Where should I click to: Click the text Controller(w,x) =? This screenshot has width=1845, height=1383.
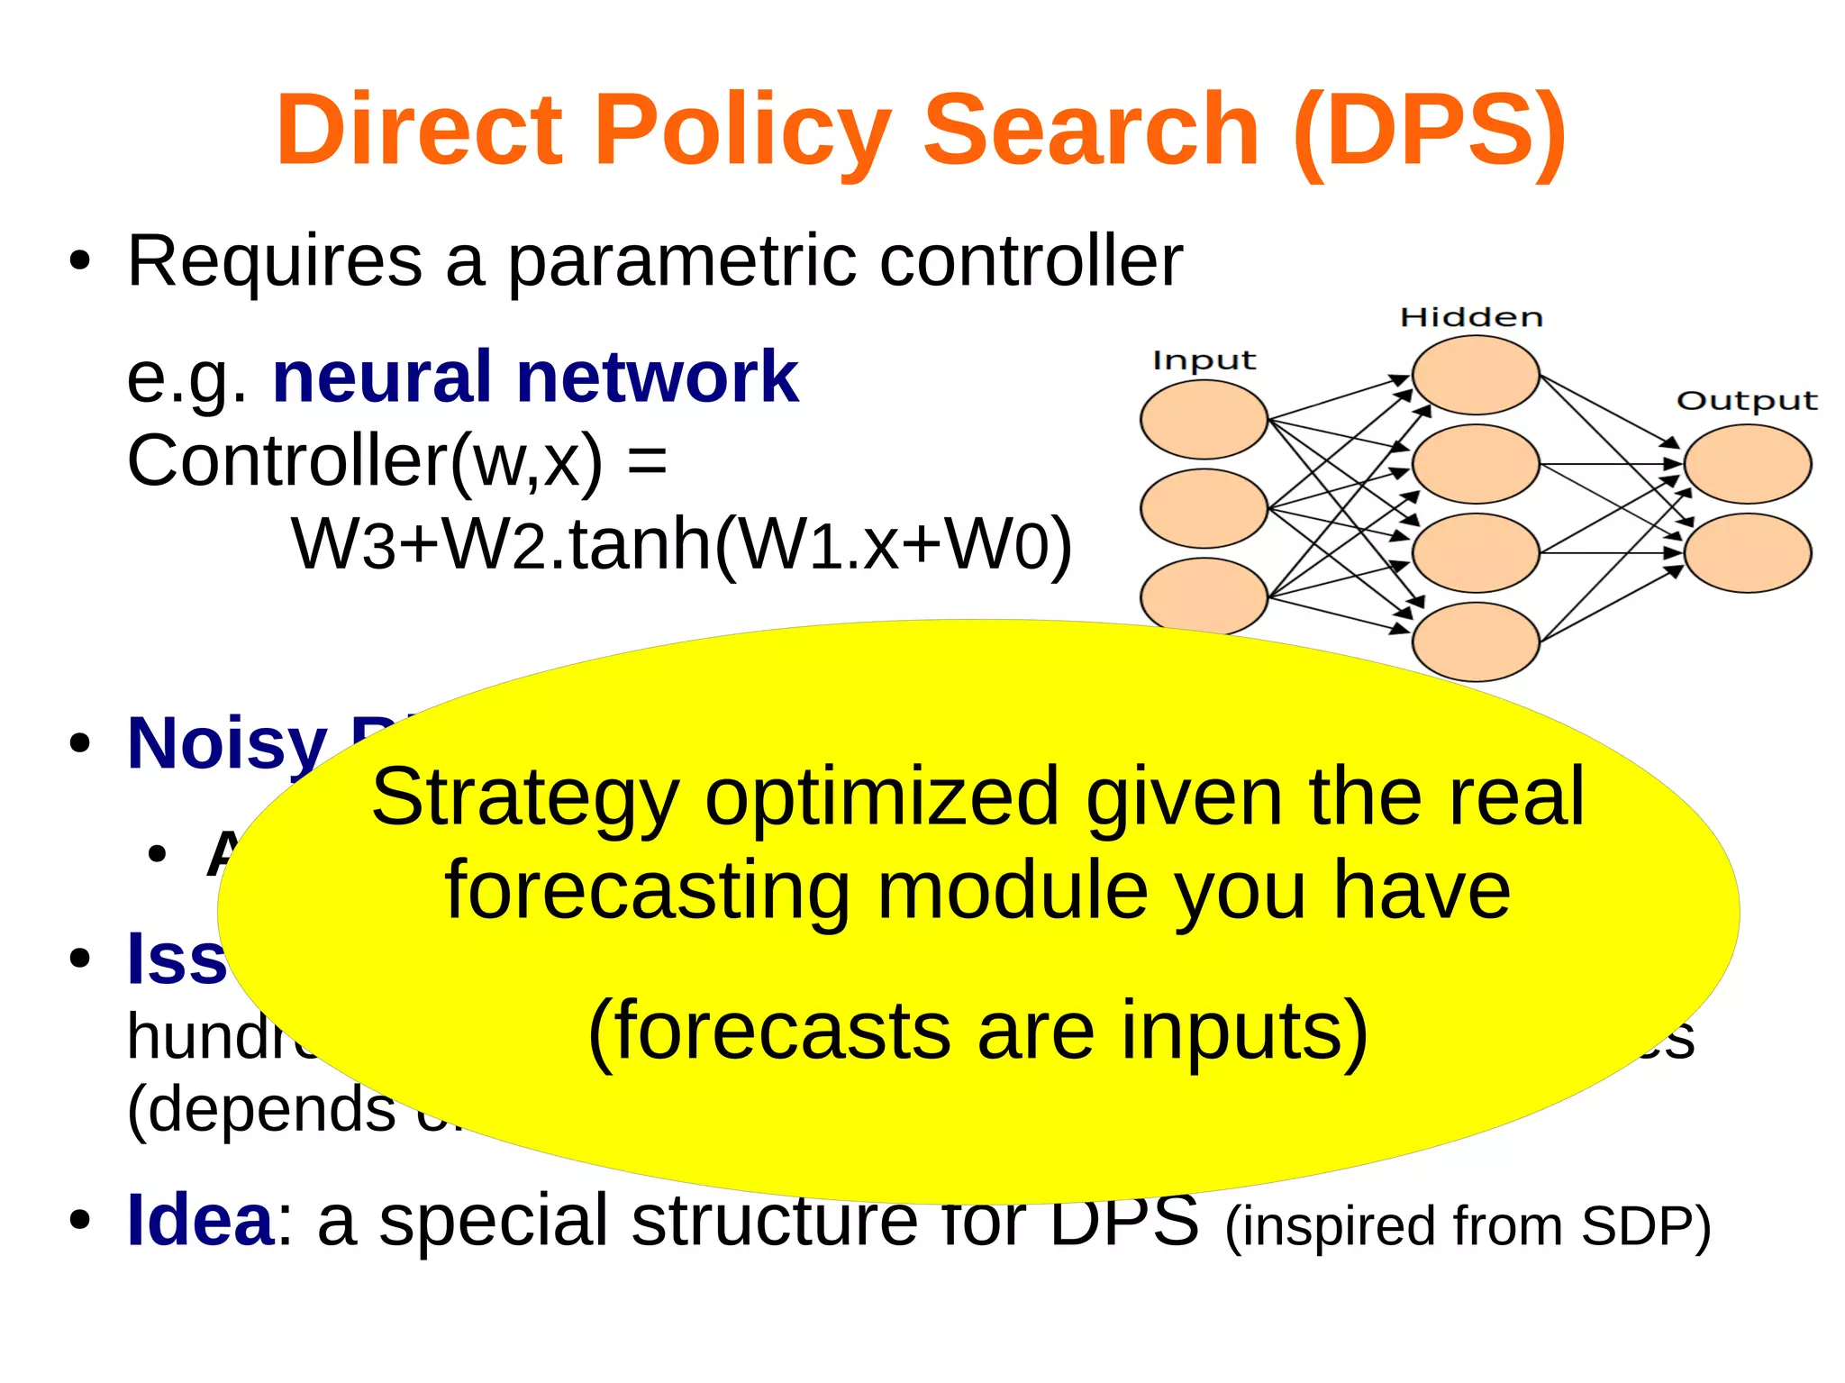click(396, 461)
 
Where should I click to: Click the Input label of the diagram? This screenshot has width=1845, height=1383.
click(1204, 360)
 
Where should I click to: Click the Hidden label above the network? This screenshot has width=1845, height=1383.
click(1471, 317)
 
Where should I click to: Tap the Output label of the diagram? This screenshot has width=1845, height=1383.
click(1747, 400)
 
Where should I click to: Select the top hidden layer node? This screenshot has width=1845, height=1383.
click(1475, 375)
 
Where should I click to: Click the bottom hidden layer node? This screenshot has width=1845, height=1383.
click(1475, 641)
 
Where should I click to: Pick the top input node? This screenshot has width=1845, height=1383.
click(1204, 419)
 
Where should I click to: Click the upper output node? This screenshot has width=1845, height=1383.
click(1747, 464)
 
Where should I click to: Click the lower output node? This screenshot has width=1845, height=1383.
click(1747, 552)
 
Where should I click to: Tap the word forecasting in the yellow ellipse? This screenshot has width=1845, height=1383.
click(647, 890)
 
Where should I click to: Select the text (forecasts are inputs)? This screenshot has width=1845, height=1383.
click(977, 1031)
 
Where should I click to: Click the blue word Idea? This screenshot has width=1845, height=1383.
click(200, 1220)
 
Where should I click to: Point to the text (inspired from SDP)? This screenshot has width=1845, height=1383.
click(1468, 1226)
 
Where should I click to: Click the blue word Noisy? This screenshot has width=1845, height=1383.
click(227, 744)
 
